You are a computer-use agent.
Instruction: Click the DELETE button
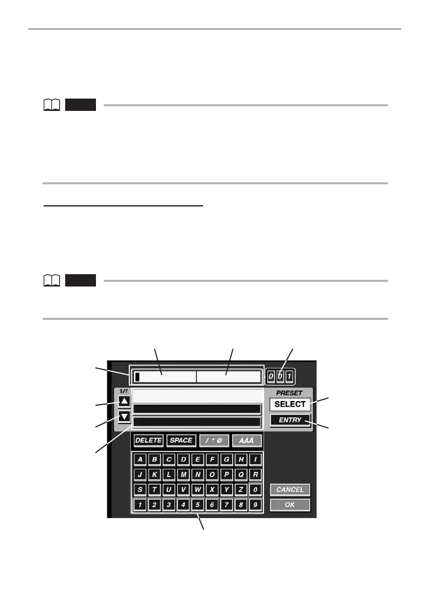click(148, 441)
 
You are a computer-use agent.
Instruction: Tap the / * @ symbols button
click(214, 441)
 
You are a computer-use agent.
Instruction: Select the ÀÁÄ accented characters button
click(247, 441)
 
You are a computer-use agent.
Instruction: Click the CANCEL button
click(290, 490)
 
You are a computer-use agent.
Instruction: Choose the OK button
click(290, 505)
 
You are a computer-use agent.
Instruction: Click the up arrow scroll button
click(124, 401)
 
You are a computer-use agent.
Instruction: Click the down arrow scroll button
click(124, 416)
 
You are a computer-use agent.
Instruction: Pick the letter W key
click(198, 490)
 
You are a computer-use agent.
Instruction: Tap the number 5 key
click(198, 505)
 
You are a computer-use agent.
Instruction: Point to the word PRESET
click(289, 393)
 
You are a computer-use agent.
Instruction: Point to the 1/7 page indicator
click(124, 392)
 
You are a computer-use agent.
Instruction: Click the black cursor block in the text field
click(137, 377)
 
